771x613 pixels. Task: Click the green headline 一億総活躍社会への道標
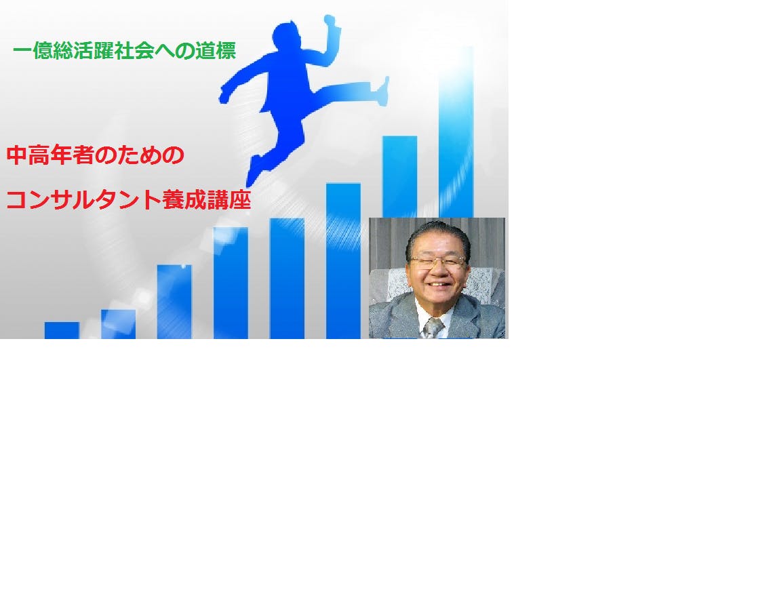pos(124,51)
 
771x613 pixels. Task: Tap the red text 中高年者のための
pos(96,155)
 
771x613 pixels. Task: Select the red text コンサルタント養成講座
pos(129,199)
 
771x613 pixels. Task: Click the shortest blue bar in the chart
pos(62,330)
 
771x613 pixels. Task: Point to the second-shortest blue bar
pos(119,324)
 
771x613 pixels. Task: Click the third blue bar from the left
pos(174,302)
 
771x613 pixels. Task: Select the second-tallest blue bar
pos(400,176)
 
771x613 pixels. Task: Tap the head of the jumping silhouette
pos(288,36)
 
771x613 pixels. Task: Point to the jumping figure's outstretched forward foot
pos(382,92)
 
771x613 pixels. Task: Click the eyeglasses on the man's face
pos(437,262)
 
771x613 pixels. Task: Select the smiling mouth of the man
pos(437,284)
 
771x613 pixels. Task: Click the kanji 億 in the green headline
pos(43,51)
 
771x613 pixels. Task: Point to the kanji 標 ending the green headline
pos(226,51)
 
